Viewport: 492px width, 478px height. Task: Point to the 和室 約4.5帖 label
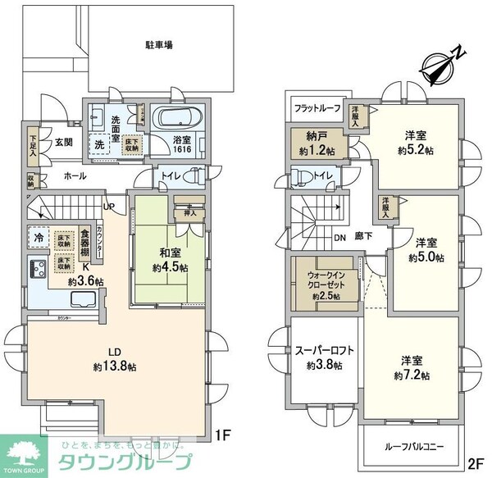coord(170,260)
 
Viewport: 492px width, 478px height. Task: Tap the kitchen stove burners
coord(38,268)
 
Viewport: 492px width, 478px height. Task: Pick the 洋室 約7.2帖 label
coord(414,367)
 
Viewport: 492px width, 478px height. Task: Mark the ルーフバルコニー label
coord(413,448)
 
